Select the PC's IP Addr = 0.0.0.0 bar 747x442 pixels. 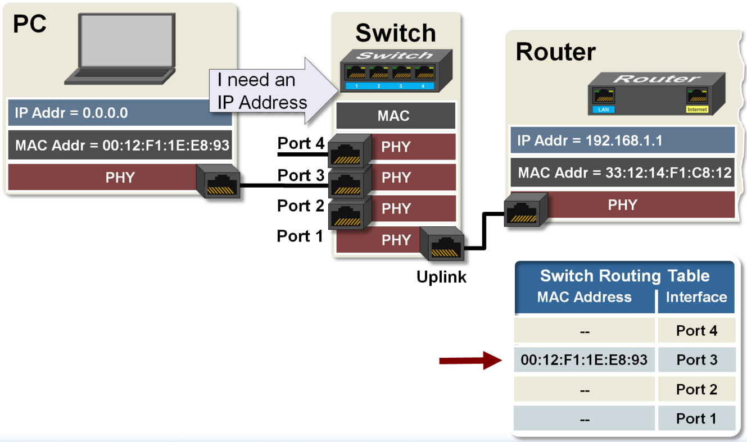[120, 113]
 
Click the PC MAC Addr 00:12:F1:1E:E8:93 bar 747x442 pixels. [120, 145]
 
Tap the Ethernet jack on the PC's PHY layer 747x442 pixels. [218, 182]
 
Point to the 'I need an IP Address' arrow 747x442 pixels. [270, 91]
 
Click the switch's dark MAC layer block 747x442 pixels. [395, 116]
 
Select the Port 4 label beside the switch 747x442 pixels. [301, 144]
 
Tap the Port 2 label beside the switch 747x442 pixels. [301, 206]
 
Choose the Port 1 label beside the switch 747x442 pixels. [300, 236]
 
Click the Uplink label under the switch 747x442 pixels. [441, 276]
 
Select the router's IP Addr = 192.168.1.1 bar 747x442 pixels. [622, 140]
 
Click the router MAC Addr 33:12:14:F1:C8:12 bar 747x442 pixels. [622, 172]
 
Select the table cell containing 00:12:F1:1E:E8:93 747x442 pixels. [585, 360]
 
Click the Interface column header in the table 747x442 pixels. [696, 297]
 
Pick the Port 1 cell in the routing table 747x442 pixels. [696, 419]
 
